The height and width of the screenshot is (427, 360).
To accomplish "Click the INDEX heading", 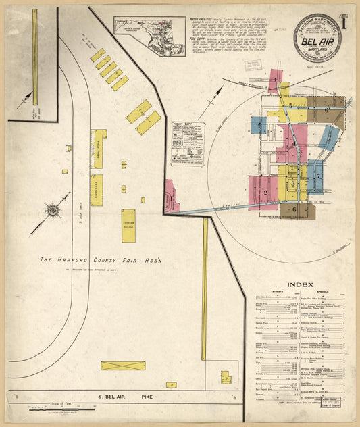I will (300, 285).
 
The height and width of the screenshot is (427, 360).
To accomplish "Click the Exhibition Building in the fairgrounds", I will (128, 226).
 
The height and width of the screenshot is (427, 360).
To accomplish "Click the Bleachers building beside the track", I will (97, 190).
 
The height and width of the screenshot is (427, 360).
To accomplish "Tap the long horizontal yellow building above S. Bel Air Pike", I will (122, 366).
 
